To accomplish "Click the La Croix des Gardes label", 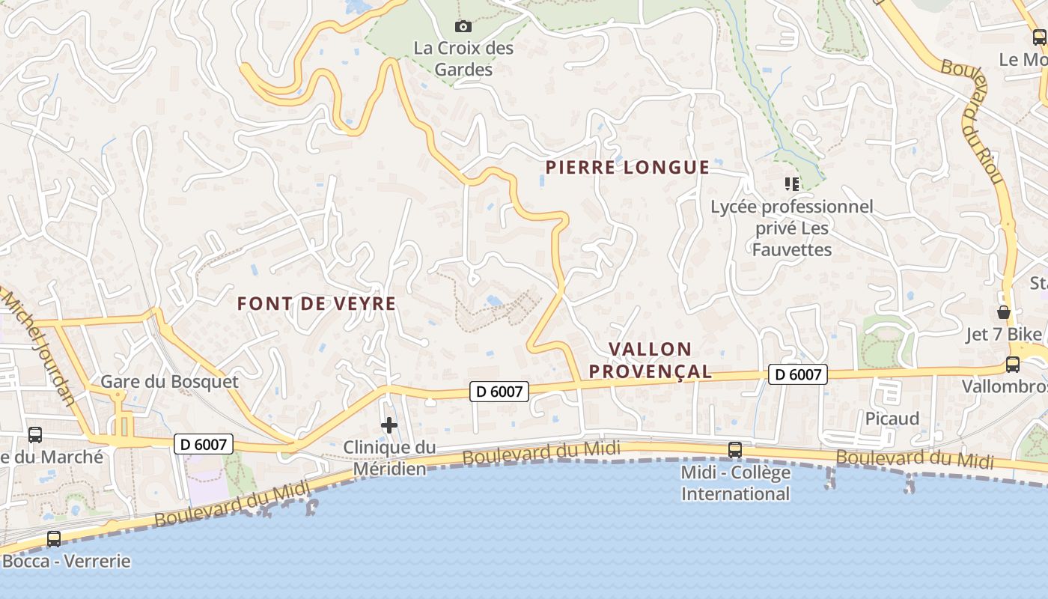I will (x=464, y=59).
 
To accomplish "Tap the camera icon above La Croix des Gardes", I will (x=463, y=27).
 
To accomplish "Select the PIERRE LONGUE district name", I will (x=627, y=168).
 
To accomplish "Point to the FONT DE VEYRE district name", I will (x=317, y=304).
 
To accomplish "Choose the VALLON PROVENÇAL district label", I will (x=650, y=360).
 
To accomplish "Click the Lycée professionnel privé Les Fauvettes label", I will (x=792, y=228).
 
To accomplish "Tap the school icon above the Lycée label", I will (x=791, y=183).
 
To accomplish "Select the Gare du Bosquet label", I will (x=169, y=382).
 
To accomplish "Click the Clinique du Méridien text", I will (x=389, y=458).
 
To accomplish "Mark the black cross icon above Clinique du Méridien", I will (x=389, y=426).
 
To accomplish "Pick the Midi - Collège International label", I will (x=735, y=484).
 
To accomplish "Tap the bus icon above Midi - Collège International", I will (x=735, y=450).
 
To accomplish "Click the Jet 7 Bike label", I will (x=1004, y=335).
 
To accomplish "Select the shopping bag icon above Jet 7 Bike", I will (x=1004, y=312).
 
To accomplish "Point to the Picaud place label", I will (x=892, y=419).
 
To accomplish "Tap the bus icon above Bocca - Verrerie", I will (x=54, y=538).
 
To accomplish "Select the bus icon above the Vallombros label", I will (x=1013, y=365).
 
